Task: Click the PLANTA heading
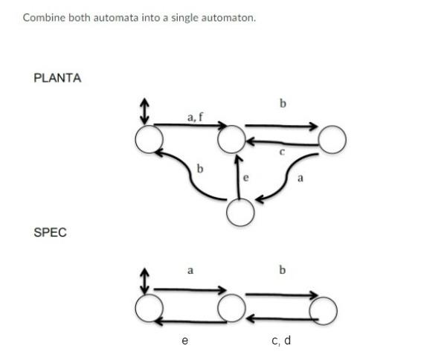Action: pyautogui.click(x=57, y=78)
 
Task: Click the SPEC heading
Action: pyautogui.click(x=50, y=233)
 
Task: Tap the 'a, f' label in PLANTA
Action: pyautogui.click(x=195, y=116)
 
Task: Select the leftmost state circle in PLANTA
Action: pyautogui.click(x=149, y=139)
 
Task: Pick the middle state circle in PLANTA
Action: pyautogui.click(x=231, y=138)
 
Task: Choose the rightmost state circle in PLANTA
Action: pyautogui.click(x=332, y=138)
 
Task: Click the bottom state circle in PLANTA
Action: pyautogui.click(x=239, y=212)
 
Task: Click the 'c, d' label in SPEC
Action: pyautogui.click(x=281, y=341)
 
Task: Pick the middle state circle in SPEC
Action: pyautogui.click(x=231, y=306)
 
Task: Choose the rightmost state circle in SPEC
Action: pyautogui.click(x=324, y=306)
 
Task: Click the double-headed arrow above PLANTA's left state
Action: pyautogui.click(x=145, y=112)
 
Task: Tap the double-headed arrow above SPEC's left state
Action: pyautogui.click(x=145, y=281)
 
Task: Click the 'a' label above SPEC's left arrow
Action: pyautogui.click(x=190, y=271)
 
